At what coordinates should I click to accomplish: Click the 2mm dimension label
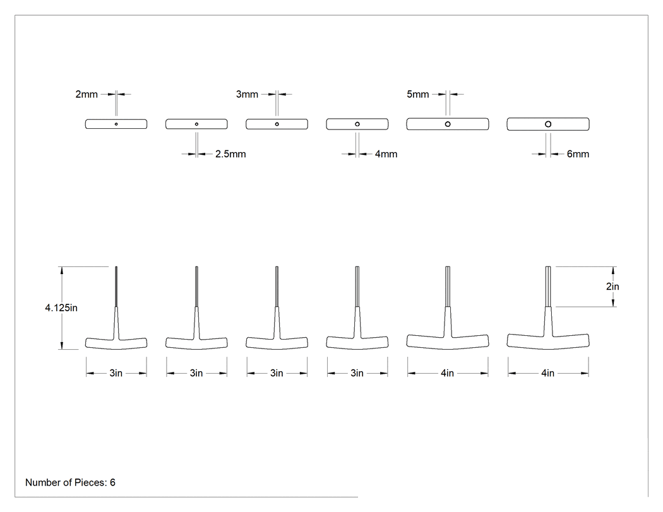[87, 94]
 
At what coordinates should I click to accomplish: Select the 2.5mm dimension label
[230, 154]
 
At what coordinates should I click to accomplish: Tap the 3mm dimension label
[247, 94]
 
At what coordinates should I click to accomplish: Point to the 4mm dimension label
[386, 154]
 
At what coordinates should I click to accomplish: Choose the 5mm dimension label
[418, 94]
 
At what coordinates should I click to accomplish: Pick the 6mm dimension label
[578, 154]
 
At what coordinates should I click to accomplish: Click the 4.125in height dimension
[61, 308]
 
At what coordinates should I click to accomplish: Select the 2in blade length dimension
[612, 287]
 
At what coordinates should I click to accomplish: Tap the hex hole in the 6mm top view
[548, 124]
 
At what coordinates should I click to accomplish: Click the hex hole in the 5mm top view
[448, 124]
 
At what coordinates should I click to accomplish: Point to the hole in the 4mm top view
[357, 124]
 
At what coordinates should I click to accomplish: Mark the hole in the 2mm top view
[116, 124]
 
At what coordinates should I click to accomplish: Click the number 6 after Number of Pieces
[112, 482]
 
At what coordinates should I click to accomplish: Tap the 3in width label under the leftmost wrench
[116, 373]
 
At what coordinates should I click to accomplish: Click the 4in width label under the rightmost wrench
[547, 373]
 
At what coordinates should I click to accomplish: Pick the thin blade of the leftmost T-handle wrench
[116, 287]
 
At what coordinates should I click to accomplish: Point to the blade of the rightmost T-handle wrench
[548, 287]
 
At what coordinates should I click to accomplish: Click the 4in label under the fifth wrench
[447, 373]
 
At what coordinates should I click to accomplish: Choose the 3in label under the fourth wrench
[357, 373]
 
